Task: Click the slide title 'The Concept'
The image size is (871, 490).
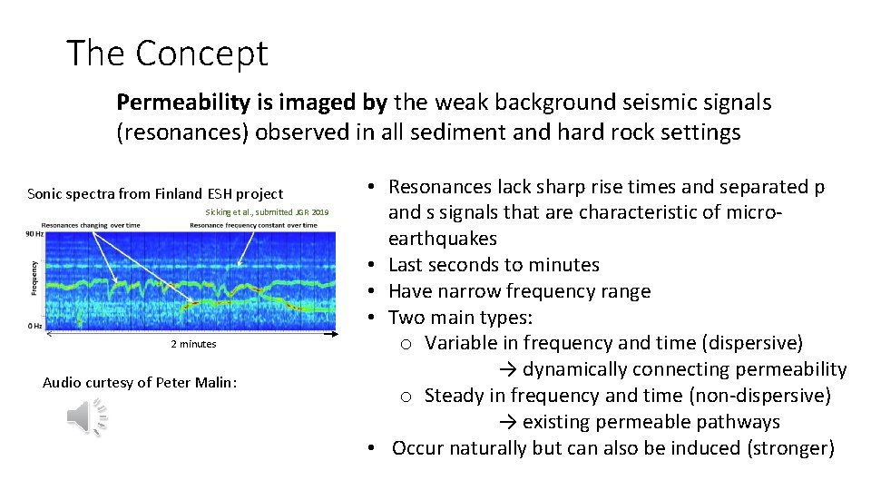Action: tap(167, 54)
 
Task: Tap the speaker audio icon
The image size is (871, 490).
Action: tap(87, 417)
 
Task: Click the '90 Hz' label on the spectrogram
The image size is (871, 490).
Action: tap(34, 234)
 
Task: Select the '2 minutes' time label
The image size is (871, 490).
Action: tap(193, 344)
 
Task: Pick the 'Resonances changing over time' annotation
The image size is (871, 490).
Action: tap(91, 225)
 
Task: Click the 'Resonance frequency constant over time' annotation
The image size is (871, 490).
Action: tap(253, 225)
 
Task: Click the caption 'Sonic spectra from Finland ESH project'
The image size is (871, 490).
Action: tap(155, 193)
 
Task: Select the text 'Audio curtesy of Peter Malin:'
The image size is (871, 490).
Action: tap(140, 382)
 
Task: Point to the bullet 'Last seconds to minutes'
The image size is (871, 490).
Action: tap(494, 265)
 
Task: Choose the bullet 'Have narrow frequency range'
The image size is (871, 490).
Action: tap(519, 291)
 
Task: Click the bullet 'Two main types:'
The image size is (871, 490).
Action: tap(460, 318)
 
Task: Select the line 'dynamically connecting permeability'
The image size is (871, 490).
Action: tap(684, 370)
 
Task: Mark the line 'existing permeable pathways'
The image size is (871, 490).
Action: tap(651, 423)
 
